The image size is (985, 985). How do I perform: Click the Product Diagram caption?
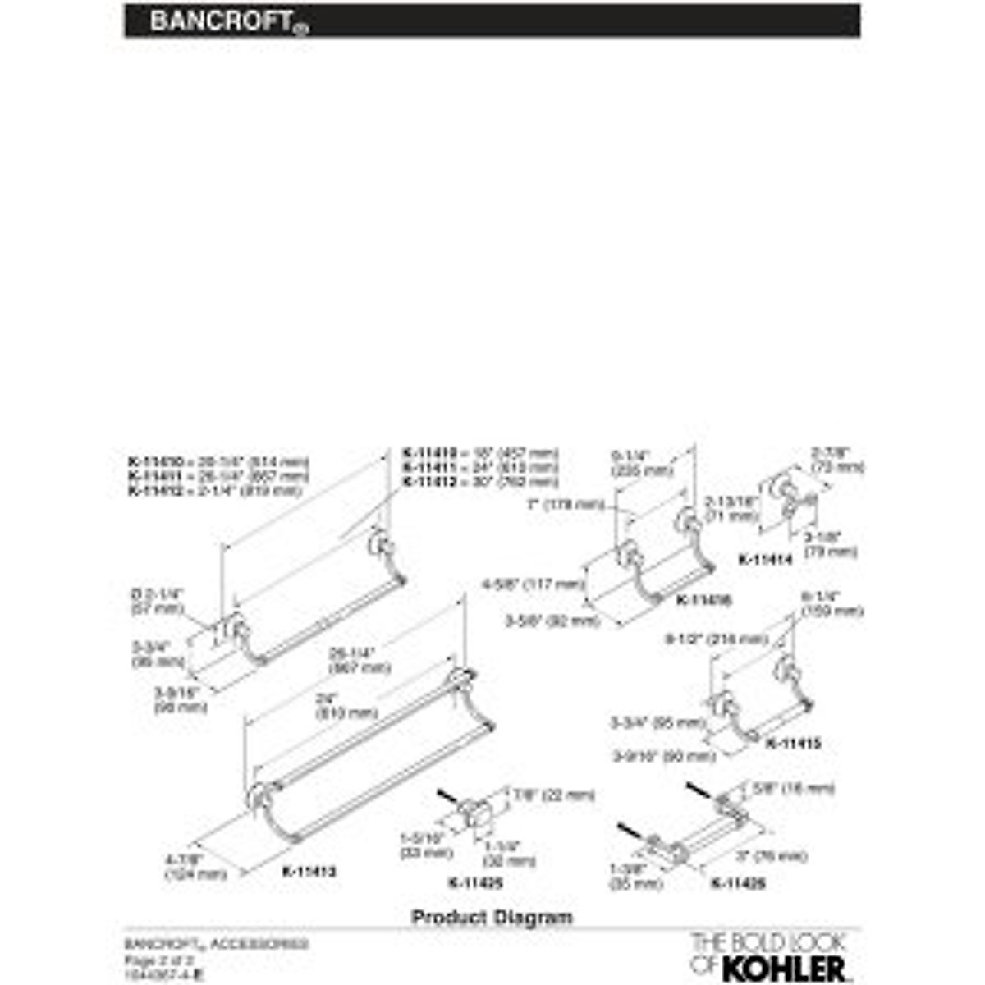click(492, 917)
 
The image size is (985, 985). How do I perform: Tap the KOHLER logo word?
click(783, 966)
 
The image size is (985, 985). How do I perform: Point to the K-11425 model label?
click(475, 883)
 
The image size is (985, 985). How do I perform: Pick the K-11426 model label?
click(738, 883)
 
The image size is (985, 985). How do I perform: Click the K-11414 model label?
click(765, 560)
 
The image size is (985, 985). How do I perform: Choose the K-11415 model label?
click(793, 744)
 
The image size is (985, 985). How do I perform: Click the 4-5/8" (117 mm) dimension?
click(534, 584)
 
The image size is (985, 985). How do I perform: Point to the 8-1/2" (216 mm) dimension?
click(716, 639)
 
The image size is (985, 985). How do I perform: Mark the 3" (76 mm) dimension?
click(771, 856)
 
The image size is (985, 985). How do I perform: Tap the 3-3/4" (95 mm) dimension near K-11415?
click(657, 723)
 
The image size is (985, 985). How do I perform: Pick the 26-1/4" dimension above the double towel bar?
click(351, 661)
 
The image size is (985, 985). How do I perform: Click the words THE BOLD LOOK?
click(756, 942)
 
